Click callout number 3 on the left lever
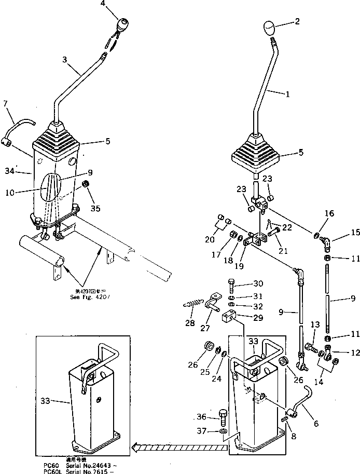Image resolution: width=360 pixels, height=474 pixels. [65, 60]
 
